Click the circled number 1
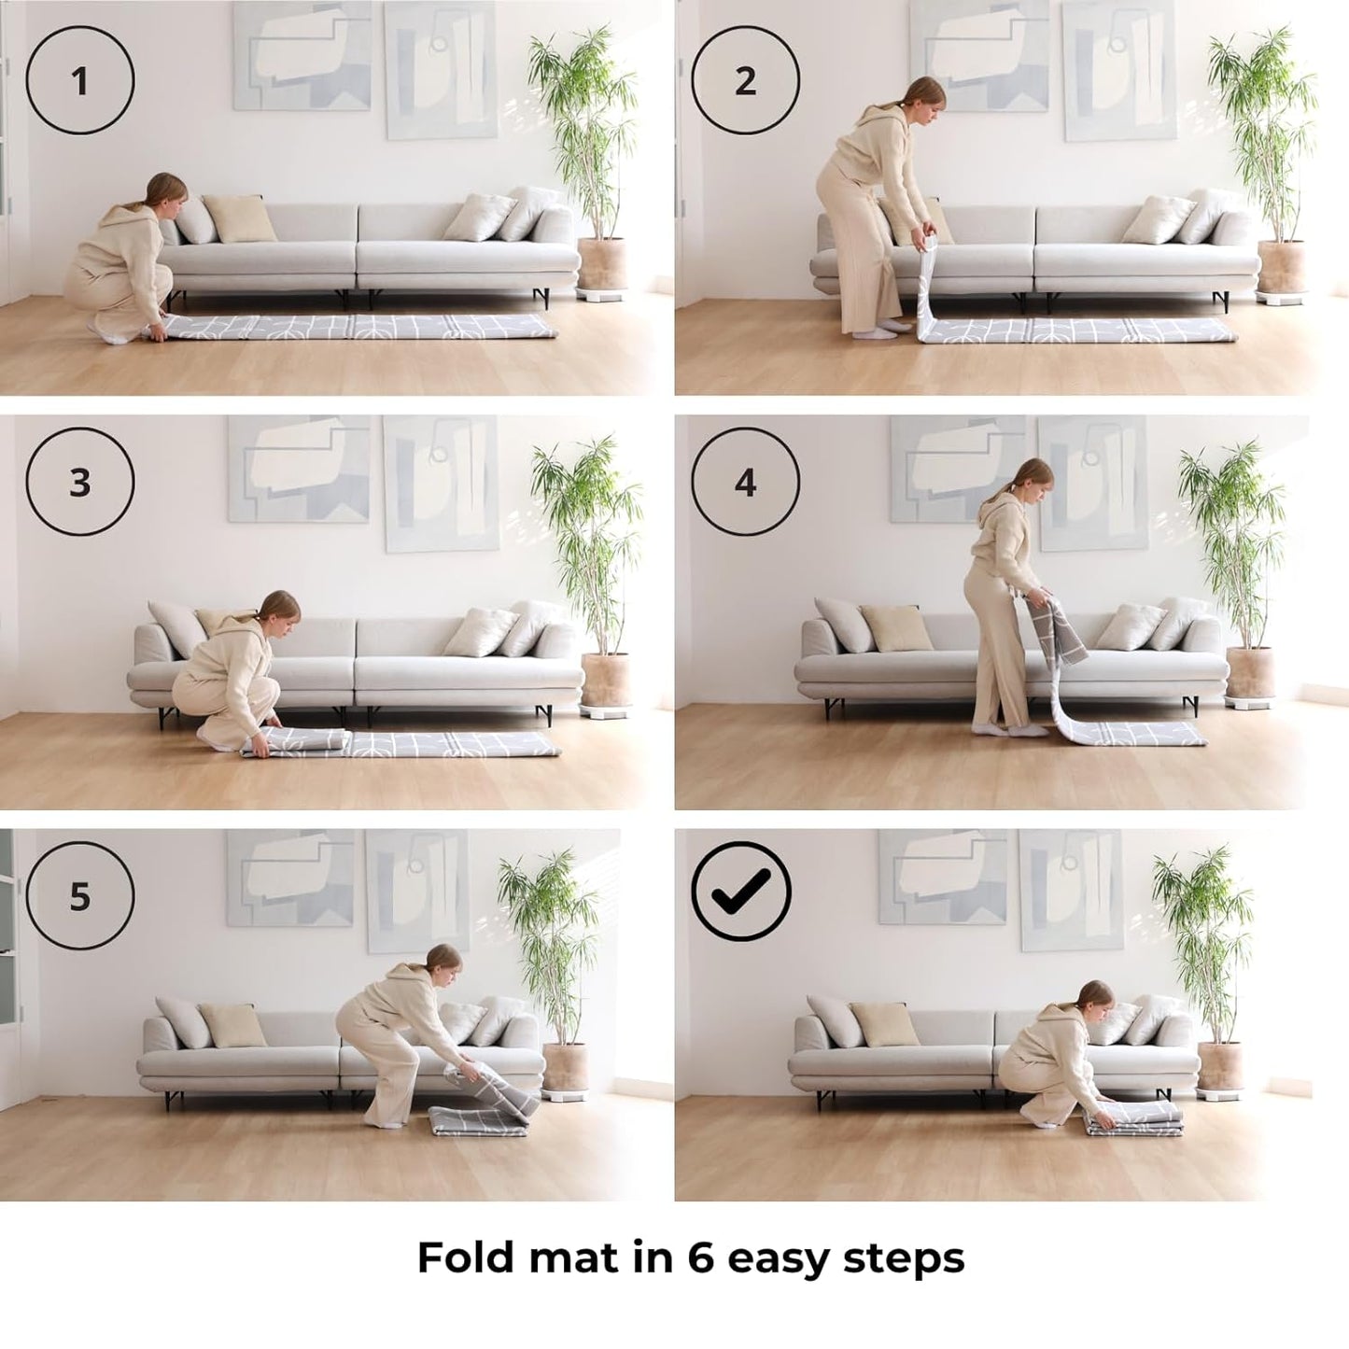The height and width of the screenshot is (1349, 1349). pos(79,80)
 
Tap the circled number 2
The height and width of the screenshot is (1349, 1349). pos(746,80)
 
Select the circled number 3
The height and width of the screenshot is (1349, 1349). pos(79,482)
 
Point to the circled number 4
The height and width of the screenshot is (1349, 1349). pos(746,482)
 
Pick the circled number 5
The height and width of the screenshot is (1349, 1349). pos(79,896)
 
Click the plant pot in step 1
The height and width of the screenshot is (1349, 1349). pos(601,264)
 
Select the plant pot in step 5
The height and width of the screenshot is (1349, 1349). pos(565,1067)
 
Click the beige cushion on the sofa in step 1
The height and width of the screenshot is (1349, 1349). pos(240,218)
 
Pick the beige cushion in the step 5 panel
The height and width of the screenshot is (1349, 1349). pos(233,1026)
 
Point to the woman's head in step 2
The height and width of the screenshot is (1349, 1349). pos(925,93)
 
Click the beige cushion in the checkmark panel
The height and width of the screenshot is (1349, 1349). pos(885,1024)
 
